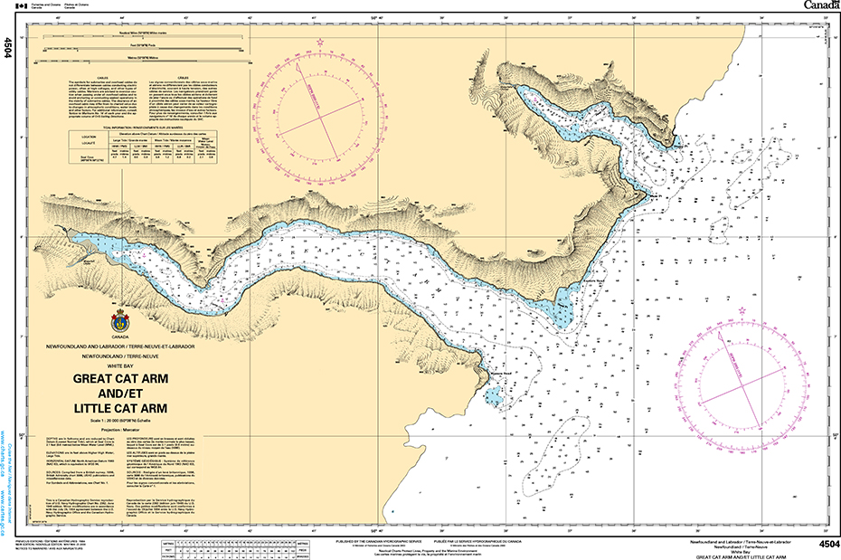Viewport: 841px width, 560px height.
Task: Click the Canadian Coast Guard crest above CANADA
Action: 120,322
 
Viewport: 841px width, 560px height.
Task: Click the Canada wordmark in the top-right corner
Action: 818,6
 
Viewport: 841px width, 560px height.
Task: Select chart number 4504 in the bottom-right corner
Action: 827,544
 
